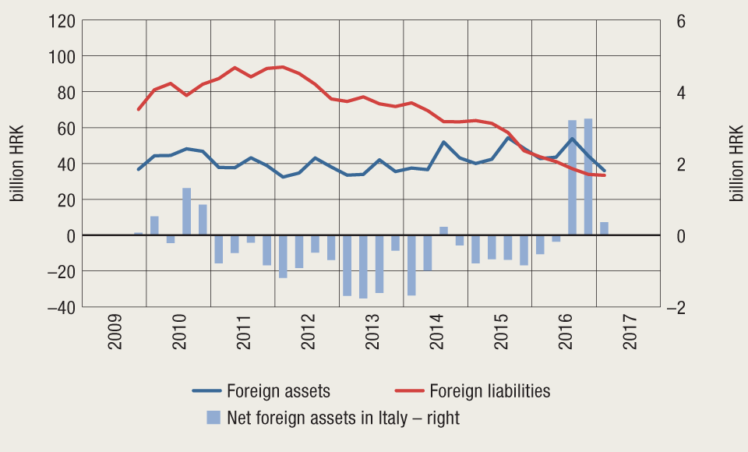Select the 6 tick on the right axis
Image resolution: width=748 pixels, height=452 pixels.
(x=681, y=20)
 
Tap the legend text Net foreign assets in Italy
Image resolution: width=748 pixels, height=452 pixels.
(x=343, y=418)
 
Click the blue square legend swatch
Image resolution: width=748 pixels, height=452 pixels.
(x=213, y=418)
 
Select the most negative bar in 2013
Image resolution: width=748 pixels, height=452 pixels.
(x=363, y=267)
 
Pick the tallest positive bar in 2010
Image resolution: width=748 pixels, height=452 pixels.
(x=187, y=211)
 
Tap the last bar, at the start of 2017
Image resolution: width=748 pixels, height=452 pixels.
(x=604, y=228)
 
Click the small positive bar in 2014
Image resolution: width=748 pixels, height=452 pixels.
(x=443, y=231)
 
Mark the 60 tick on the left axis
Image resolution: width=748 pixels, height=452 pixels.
(x=64, y=128)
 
